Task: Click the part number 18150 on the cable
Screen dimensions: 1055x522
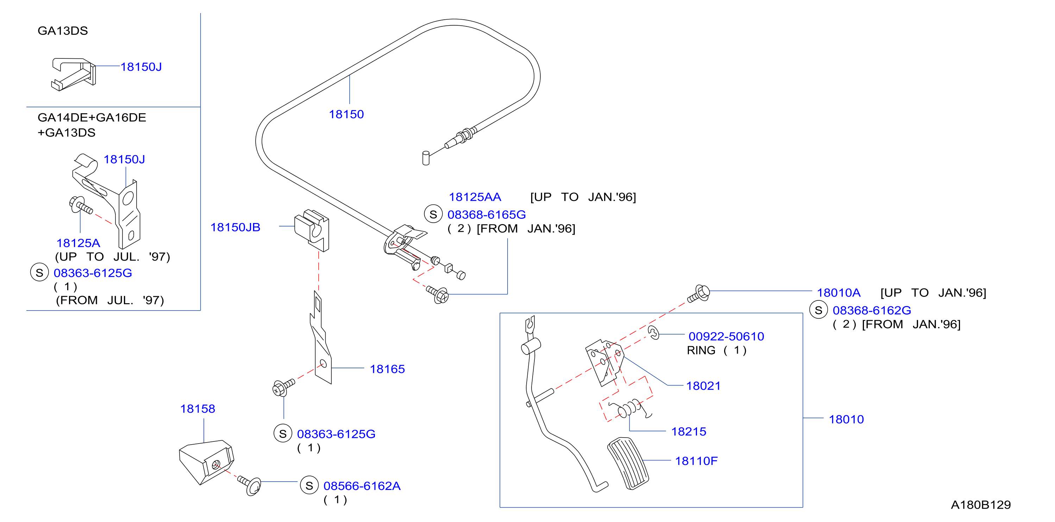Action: (346, 114)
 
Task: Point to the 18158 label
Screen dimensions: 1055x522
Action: (197, 409)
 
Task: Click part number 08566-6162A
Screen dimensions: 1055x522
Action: (362, 486)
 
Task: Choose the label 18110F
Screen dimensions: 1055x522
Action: (696, 461)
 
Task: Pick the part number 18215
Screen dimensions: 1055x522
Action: (689, 432)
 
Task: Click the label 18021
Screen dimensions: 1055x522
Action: (703, 386)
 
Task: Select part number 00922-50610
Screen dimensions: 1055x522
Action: (726, 336)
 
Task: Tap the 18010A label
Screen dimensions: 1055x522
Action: (839, 293)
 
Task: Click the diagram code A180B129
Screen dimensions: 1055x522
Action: (980, 505)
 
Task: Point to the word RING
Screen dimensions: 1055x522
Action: (701, 351)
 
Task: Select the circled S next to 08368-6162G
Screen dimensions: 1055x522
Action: (818, 310)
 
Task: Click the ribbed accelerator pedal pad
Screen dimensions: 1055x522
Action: (628, 463)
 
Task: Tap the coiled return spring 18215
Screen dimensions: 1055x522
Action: (630, 408)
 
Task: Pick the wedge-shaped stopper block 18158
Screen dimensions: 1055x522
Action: (206, 462)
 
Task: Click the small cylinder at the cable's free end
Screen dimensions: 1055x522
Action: (426, 158)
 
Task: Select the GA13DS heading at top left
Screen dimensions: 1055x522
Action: (63, 31)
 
